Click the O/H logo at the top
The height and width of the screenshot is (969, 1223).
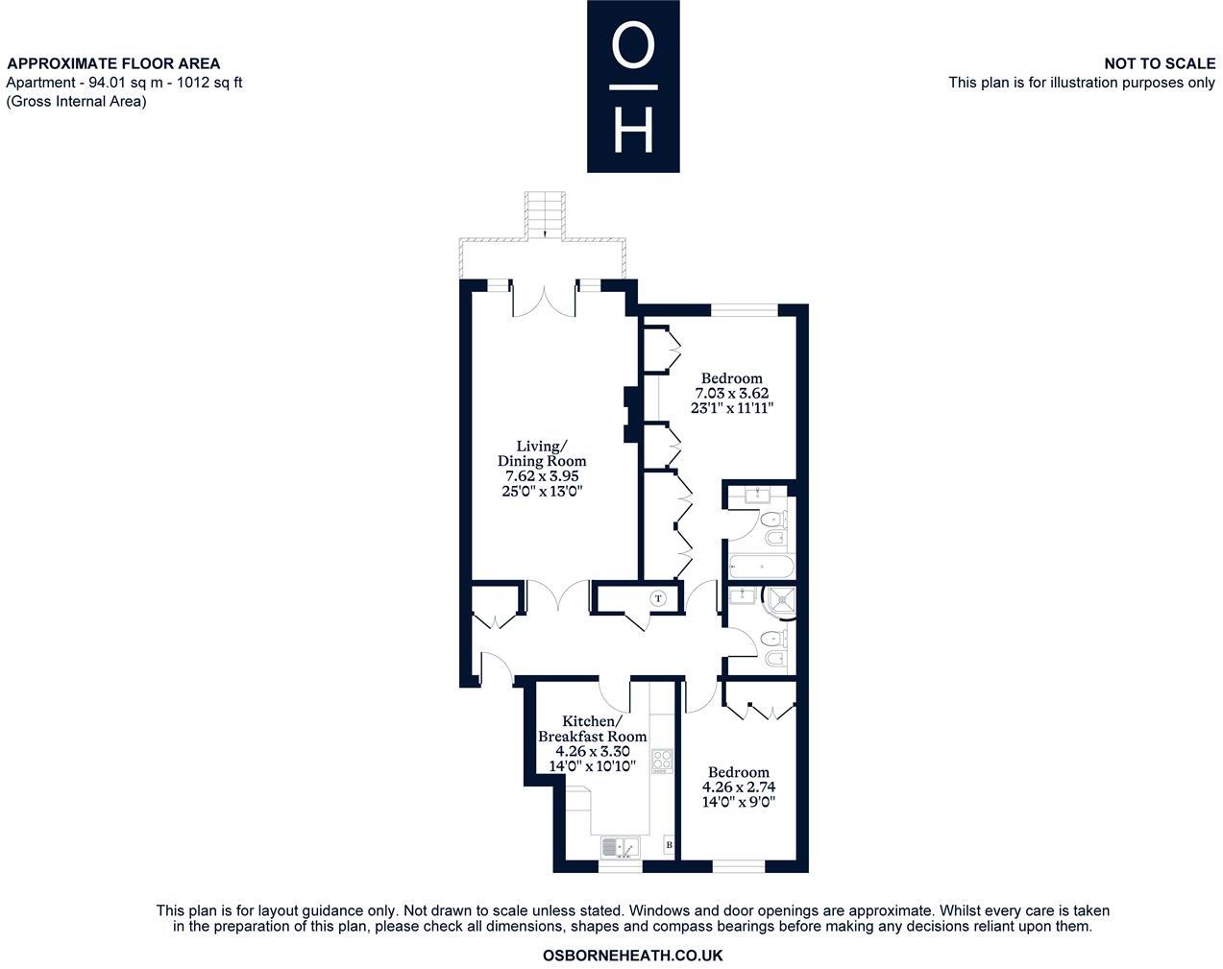pos(633,86)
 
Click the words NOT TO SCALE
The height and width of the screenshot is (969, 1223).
pos(1159,63)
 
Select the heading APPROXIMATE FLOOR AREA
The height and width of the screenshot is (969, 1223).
pos(113,64)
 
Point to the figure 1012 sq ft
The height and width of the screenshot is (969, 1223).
pos(206,83)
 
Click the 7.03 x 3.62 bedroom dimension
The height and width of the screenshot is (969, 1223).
pos(731,393)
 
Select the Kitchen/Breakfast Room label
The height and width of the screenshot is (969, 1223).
pos(592,729)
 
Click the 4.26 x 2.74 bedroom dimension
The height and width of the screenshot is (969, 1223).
pos(738,787)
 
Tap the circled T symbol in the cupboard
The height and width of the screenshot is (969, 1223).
pos(658,598)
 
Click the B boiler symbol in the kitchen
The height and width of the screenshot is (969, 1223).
pos(670,846)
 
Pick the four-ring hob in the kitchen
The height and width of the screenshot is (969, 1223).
pos(662,762)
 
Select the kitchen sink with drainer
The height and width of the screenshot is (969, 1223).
pos(620,848)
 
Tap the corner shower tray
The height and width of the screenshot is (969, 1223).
pos(779,602)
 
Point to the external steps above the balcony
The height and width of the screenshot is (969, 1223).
pos(544,215)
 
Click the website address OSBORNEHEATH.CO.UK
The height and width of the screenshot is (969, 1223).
pos(632,956)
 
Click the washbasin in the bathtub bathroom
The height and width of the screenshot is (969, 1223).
pos(756,496)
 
